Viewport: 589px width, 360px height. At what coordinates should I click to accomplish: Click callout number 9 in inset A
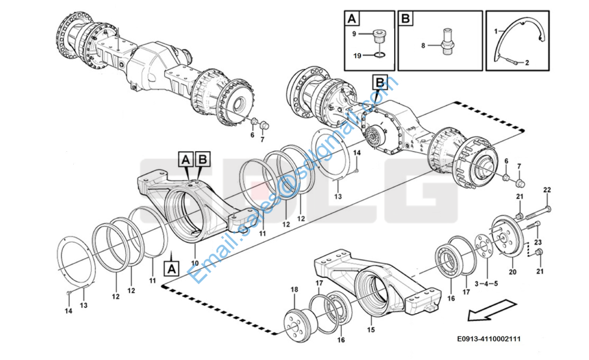coord(354,33)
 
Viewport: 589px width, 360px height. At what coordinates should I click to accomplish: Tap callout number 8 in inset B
coord(423,45)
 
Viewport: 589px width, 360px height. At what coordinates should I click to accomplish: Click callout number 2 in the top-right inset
coord(527,62)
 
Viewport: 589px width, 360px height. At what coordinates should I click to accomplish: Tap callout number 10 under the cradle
coord(194,263)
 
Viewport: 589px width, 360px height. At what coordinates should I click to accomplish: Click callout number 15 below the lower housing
coord(371,329)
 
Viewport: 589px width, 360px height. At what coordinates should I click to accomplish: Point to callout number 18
coord(294,290)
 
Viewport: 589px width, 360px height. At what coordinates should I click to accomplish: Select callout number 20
coord(512,272)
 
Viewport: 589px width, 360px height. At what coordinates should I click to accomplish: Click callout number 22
coord(546,190)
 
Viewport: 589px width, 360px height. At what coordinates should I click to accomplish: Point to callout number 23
coord(537,241)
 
